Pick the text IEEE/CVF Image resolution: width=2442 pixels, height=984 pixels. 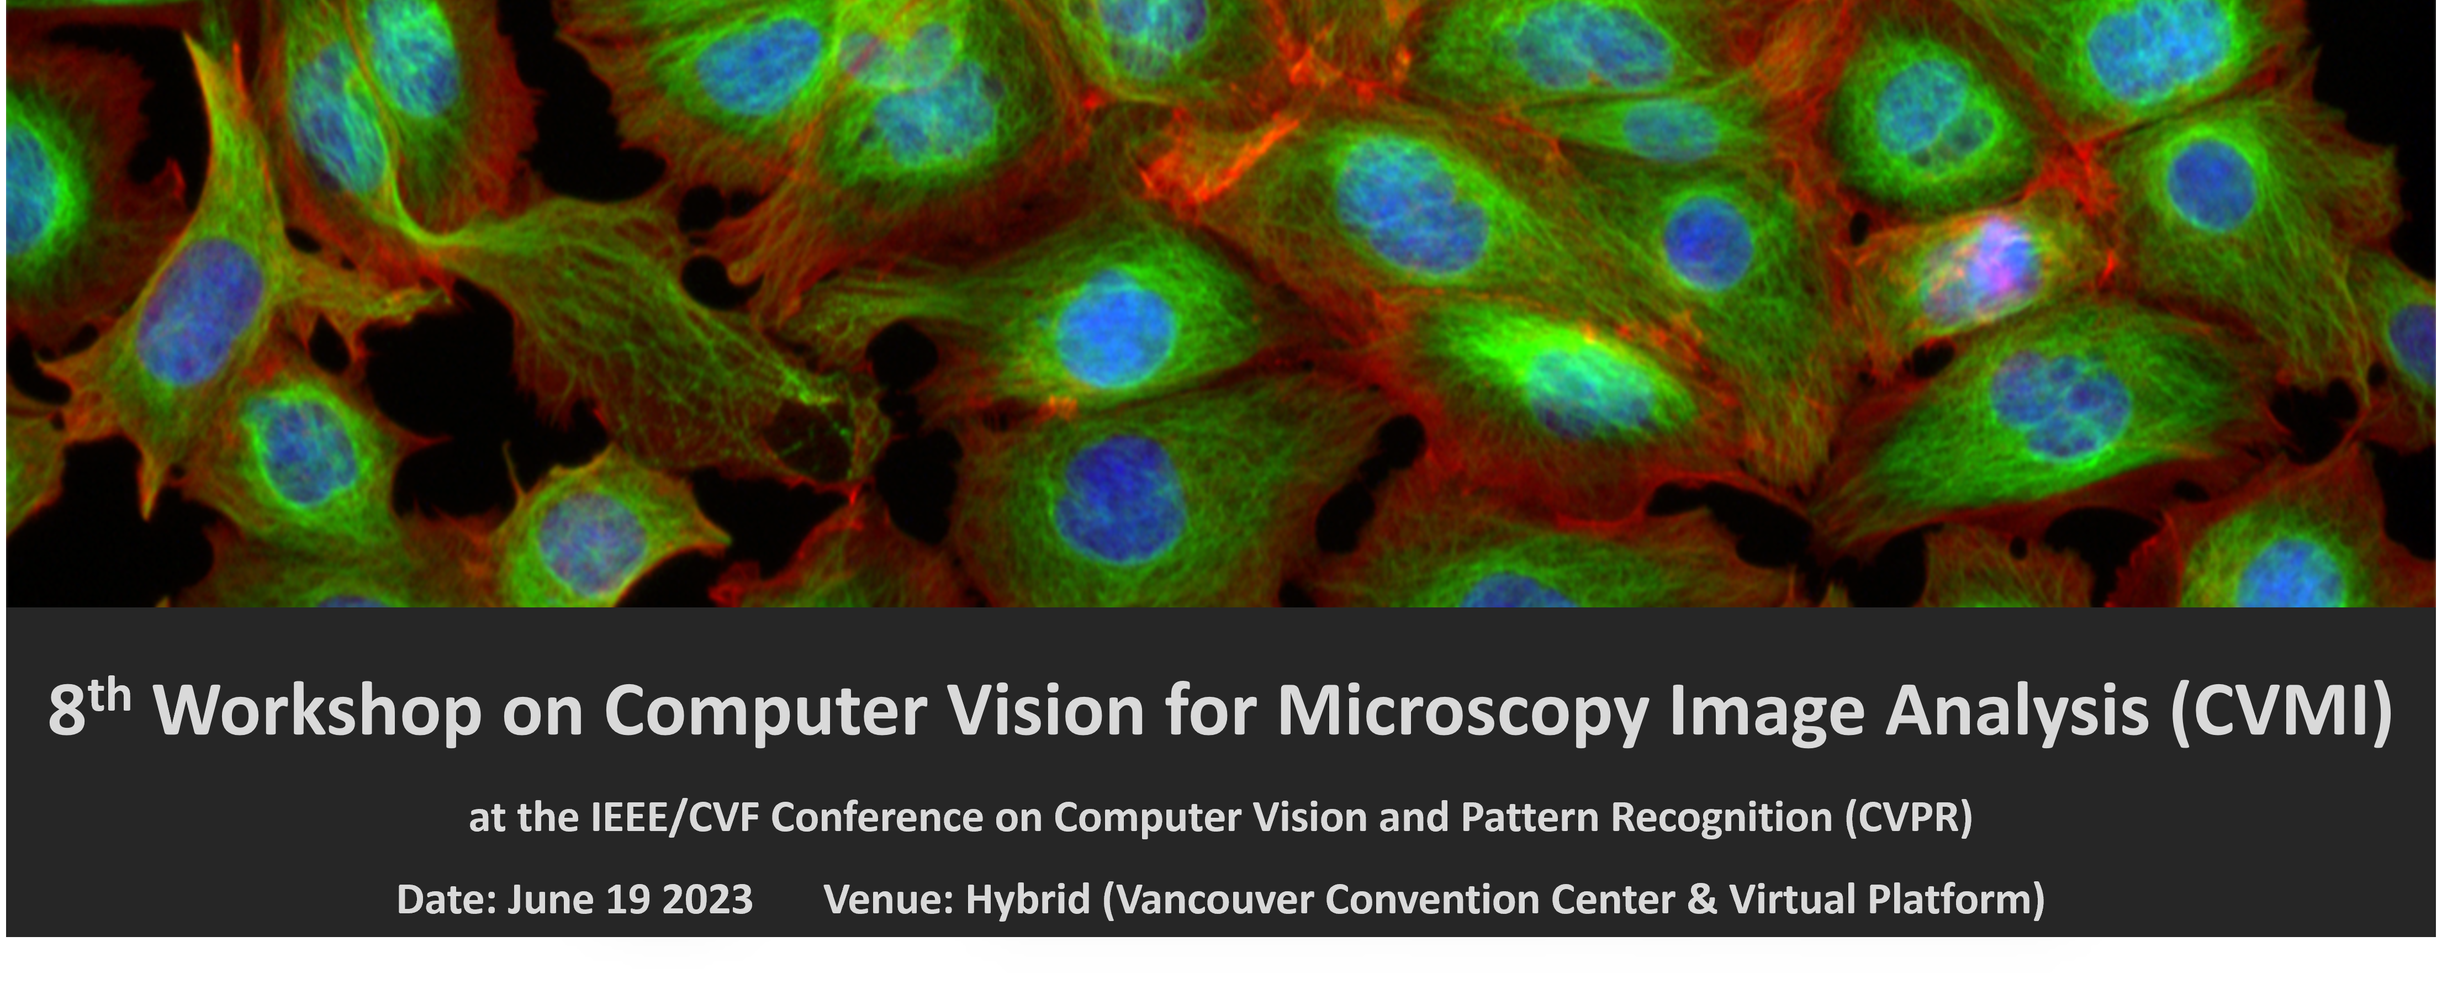[x=675, y=817]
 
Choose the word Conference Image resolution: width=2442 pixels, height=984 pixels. [x=877, y=817]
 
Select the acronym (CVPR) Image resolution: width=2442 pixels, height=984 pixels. [x=1907, y=817]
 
